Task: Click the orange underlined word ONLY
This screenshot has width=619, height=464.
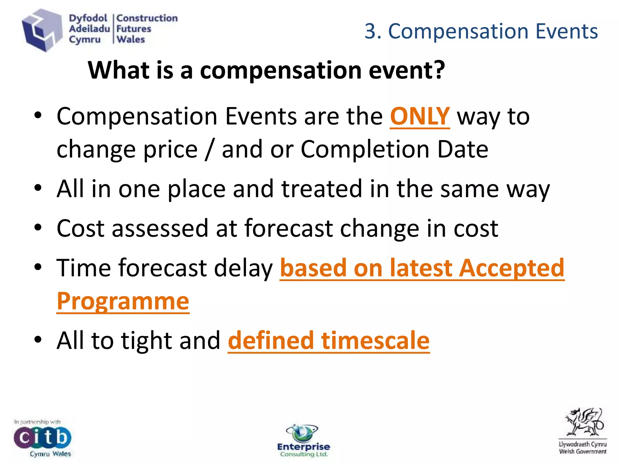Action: coord(420,116)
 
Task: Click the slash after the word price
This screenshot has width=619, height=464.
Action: coord(209,149)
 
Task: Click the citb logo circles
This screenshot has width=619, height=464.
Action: coord(42,437)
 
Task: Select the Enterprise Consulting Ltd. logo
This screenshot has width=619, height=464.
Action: coord(303,441)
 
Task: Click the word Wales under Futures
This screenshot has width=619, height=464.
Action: coord(131,40)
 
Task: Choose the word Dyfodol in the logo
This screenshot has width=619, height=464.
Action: coord(88,18)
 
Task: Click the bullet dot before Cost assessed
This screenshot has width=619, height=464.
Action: coord(38,227)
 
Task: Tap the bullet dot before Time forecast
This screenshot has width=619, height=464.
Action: coord(38,267)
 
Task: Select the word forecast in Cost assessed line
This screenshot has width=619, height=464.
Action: coord(289,228)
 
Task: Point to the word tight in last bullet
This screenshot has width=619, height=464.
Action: coord(147,340)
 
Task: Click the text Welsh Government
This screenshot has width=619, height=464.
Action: coord(582,452)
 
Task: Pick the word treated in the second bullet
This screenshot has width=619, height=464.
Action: coord(322,189)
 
